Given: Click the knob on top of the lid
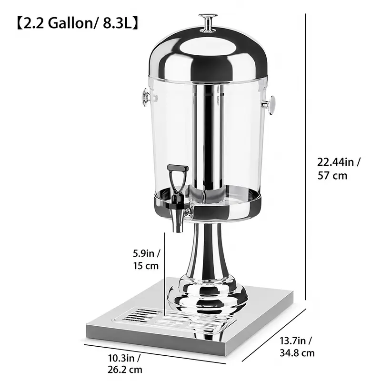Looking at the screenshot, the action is [208, 23].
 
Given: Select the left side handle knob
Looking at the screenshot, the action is [146, 98].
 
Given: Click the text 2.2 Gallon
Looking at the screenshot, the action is [57, 23].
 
